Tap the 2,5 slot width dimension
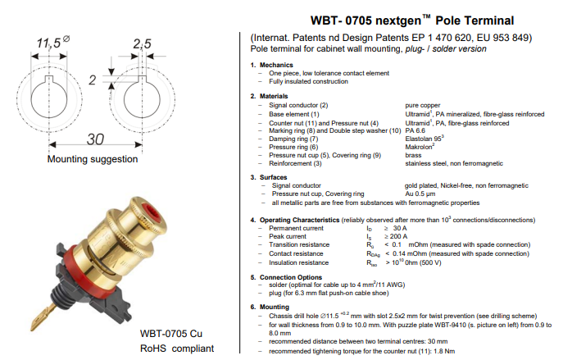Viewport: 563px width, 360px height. [142, 42]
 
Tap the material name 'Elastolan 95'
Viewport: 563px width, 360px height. [427, 139]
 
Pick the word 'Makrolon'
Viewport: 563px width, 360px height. [421, 147]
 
